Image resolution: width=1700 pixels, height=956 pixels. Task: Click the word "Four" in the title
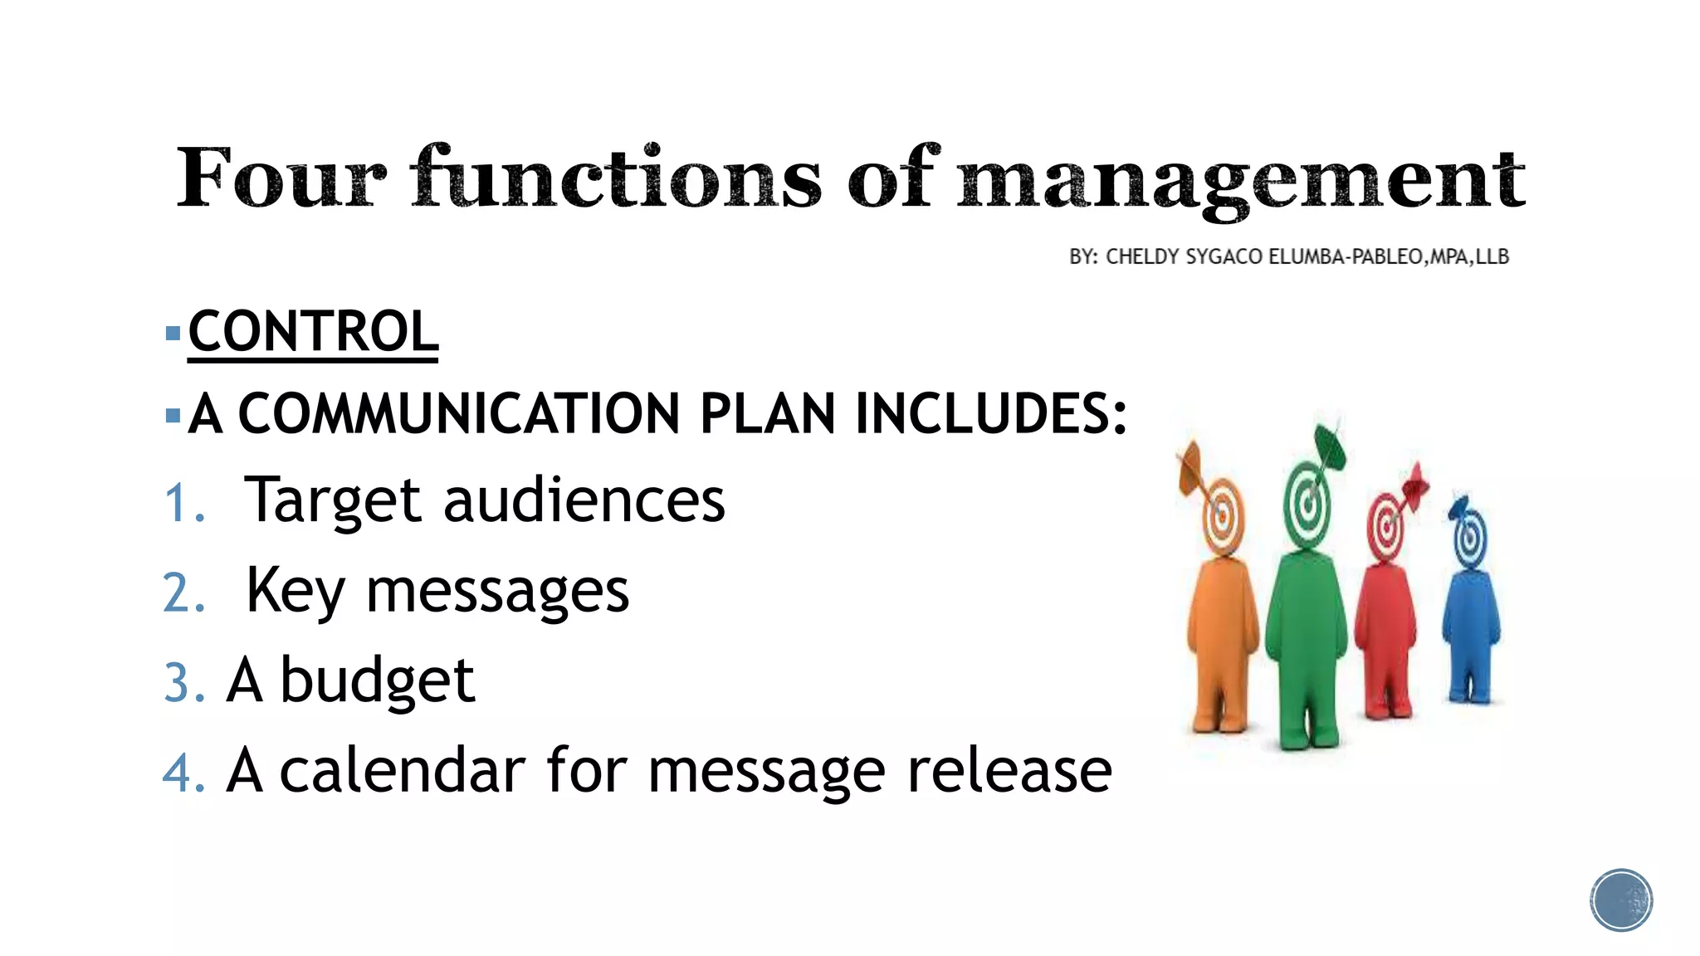click(281, 178)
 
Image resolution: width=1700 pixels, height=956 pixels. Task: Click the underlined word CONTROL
click(313, 332)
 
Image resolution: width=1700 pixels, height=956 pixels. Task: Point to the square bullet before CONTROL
click(173, 334)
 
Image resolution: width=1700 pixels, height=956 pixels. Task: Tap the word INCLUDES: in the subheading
click(991, 413)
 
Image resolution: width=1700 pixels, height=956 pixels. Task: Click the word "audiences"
click(584, 500)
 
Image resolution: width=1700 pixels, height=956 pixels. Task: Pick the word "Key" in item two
click(295, 591)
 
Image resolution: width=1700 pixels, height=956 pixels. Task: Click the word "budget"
click(378, 681)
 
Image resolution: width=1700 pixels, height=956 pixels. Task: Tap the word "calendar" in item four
click(403, 771)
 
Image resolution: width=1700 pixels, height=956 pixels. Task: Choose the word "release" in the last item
click(1009, 771)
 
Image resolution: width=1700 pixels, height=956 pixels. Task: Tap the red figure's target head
click(1385, 528)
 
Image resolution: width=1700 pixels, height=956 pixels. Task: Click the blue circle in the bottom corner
click(1621, 900)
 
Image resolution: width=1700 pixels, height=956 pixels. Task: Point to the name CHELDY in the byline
click(1142, 257)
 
